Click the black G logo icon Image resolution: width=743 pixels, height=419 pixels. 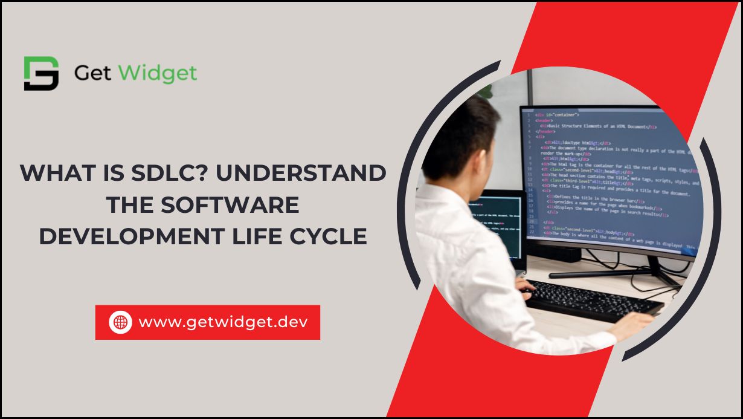41,73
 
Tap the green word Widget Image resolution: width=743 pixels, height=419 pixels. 158,74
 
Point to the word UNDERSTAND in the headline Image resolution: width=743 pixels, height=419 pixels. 315,174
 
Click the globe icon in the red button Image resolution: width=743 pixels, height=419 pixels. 120,322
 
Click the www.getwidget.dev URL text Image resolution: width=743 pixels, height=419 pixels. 223,322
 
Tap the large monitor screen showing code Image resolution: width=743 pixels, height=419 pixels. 610,181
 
